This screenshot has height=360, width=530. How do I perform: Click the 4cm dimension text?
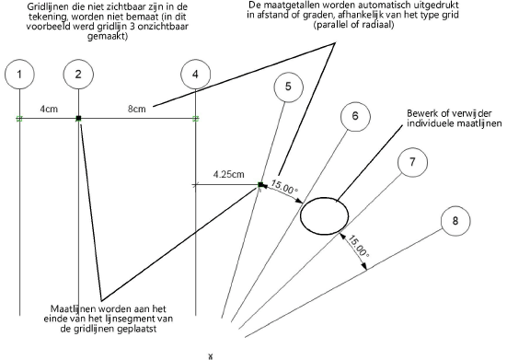49,109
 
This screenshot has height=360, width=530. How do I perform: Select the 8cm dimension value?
137,109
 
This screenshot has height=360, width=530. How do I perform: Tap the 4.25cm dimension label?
229,175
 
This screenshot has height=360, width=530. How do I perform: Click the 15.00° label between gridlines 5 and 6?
284,187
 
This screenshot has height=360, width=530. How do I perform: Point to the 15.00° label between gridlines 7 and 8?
359,247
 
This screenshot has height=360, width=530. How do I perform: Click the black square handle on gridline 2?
79,119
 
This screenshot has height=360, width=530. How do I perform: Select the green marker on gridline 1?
19,119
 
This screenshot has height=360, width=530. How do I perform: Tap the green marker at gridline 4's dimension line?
196,119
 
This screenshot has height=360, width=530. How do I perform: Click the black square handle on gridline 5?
260,185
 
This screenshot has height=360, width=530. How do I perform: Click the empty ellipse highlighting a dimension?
301,215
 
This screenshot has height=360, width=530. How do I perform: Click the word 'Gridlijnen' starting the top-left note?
43,7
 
